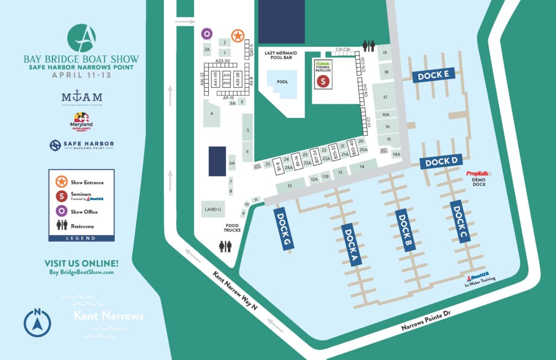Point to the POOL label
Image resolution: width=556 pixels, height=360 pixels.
[x=282, y=83]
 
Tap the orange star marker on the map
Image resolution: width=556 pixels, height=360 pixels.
[x=237, y=35]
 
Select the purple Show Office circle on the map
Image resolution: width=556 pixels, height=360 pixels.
[x=206, y=34]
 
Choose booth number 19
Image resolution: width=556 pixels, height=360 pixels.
[x=384, y=53]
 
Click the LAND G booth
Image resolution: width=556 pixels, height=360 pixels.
[x=212, y=209]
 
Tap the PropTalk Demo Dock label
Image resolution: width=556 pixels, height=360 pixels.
[x=478, y=179]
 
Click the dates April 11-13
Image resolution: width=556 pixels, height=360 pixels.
[x=81, y=75]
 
